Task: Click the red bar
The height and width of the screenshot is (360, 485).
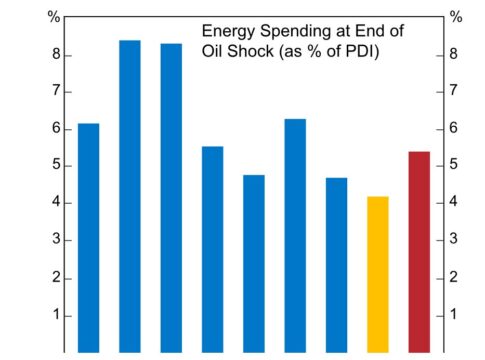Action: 419,252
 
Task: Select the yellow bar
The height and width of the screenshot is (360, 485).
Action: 378,274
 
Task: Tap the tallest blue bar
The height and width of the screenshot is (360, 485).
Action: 130,196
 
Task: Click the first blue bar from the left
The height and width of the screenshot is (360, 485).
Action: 88,238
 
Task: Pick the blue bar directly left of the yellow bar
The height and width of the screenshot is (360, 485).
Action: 336,265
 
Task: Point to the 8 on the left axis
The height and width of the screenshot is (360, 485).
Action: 56,54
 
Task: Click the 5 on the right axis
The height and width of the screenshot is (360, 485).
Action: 453,164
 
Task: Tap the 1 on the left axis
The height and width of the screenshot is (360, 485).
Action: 56,314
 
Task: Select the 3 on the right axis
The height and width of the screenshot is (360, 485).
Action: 453,239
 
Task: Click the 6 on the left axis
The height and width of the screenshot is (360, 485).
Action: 56,128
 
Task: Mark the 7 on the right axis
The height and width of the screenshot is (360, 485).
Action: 453,90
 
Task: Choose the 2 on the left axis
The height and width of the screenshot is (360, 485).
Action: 56,277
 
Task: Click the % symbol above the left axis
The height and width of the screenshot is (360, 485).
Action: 54,17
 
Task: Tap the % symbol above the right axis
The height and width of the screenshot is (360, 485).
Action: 456,17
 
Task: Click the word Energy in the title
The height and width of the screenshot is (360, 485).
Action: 228,32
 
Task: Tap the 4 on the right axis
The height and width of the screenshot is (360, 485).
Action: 453,201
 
